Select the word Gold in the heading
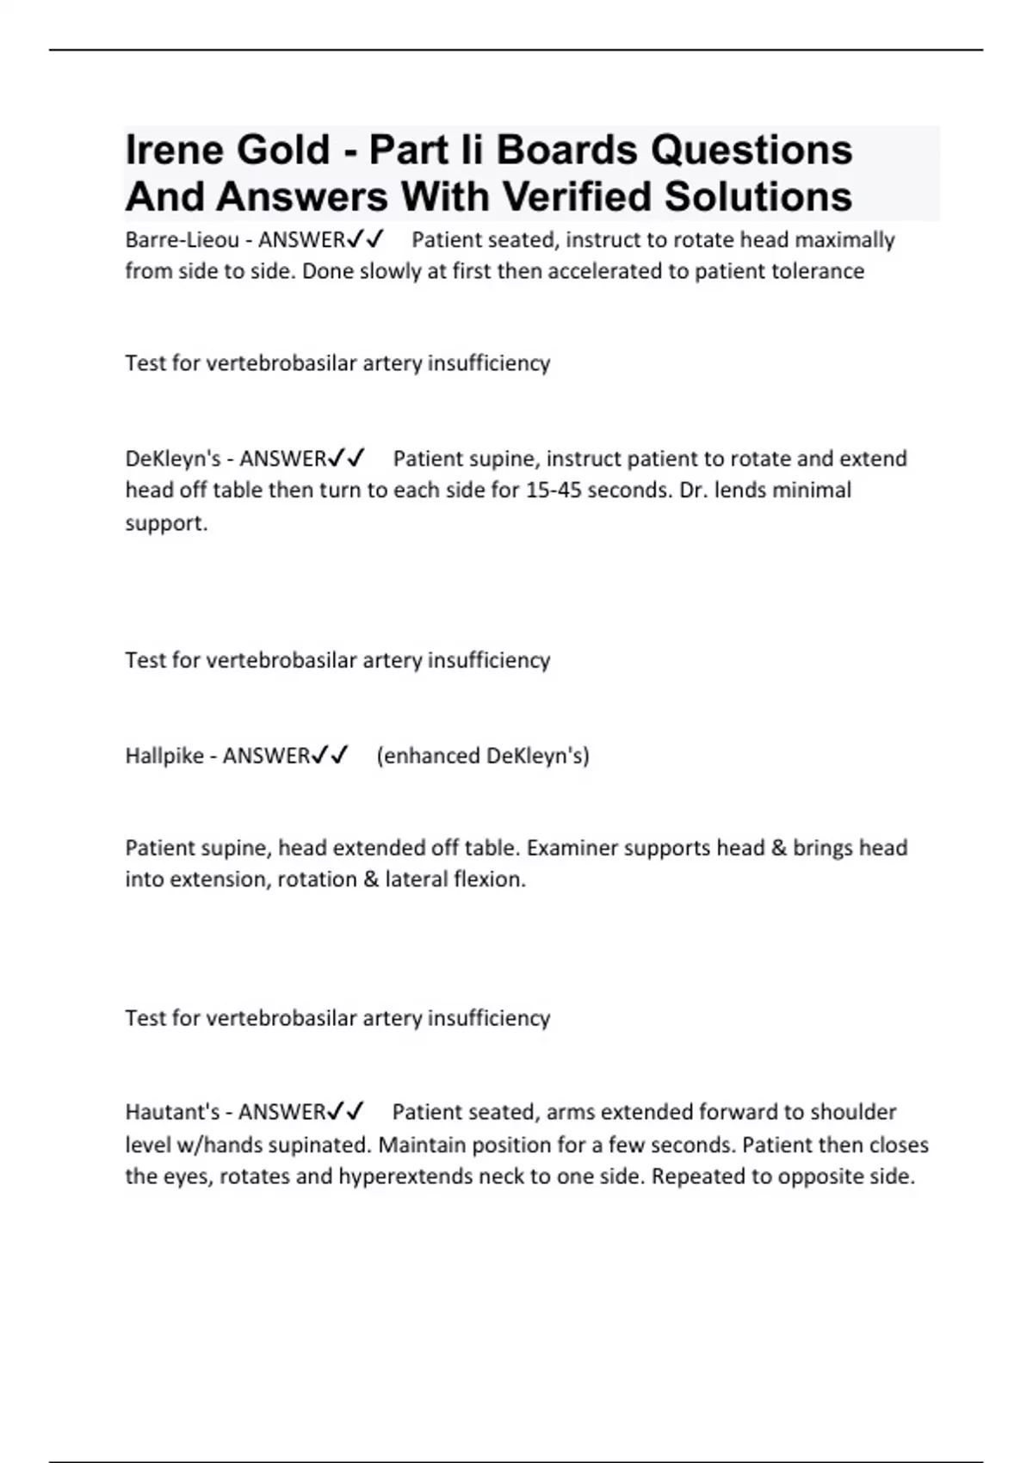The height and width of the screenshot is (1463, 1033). [283, 150]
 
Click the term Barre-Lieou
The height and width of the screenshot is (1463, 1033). [182, 240]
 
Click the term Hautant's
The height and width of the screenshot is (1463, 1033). [172, 1112]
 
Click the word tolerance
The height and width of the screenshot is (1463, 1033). [818, 271]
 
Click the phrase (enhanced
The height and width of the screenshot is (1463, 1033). [428, 756]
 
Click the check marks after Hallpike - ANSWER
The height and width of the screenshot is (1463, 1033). [331, 755]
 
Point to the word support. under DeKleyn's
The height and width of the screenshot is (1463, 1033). [166, 523]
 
